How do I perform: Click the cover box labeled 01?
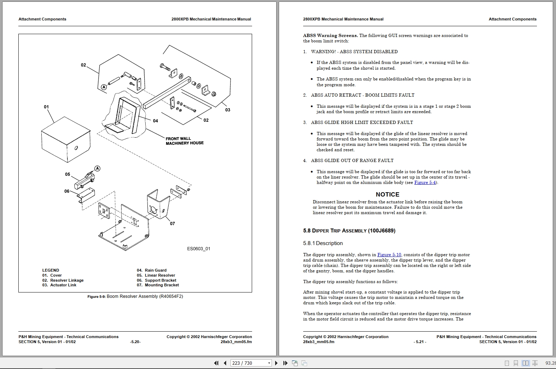point(65,140)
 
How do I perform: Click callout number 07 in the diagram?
point(172,223)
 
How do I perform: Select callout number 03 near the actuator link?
point(228,110)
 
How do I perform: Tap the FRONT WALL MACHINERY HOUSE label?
point(184,141)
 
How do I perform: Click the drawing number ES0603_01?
point(199,249)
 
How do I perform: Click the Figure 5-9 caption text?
point(135,296)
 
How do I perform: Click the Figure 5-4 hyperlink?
point(425,183)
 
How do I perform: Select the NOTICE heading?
point(387,194)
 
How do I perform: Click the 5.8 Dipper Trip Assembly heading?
point(349,231)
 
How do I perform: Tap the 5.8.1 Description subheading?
point(323,243)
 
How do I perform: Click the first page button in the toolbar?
point(216,363)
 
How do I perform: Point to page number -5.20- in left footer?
point(135,342)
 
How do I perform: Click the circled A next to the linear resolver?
point(97,169)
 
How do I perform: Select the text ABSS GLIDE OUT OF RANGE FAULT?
point(352,161)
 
